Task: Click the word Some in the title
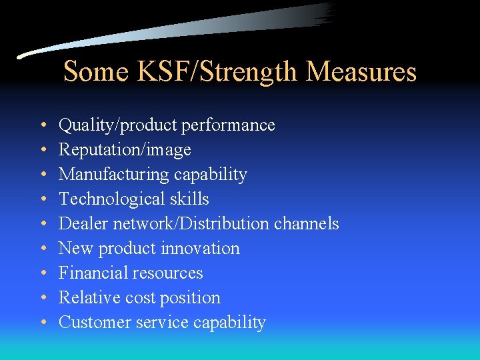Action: [x=93, y=71]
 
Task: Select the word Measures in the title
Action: [x=362, y=71]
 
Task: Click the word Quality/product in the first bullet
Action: [x=107, y=125]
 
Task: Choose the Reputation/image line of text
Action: [x=125, y=150]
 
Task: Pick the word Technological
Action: [x=109, y=199]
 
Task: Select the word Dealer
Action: [x=81, y=224]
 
